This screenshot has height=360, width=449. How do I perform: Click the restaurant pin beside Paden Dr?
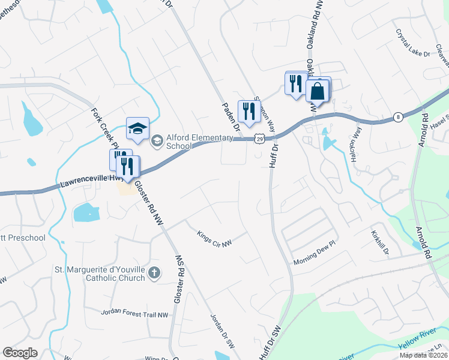tap(248, 112)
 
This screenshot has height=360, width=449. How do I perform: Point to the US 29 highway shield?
tap(258, 139)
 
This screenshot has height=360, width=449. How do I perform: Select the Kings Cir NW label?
tap(214, 239)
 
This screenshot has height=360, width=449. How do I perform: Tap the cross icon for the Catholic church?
tap(154, 274)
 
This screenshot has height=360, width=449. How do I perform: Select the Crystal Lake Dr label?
tap(413, 45)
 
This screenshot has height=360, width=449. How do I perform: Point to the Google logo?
tap(20, 353)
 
